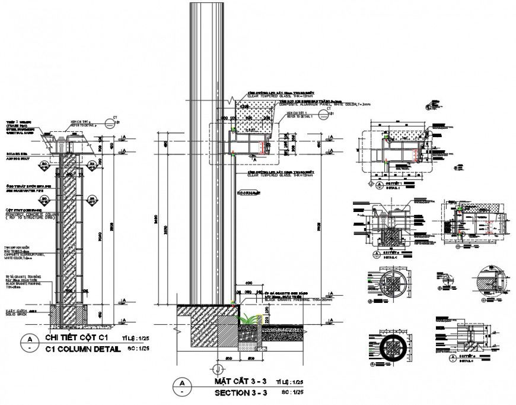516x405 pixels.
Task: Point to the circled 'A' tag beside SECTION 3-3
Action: (182, 387)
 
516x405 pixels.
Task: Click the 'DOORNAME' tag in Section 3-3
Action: (249, 192)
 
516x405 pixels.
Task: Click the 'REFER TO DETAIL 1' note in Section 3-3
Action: (298, 116)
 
